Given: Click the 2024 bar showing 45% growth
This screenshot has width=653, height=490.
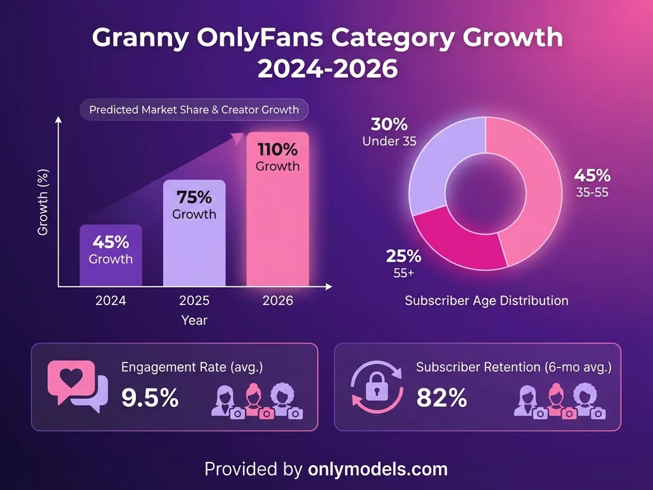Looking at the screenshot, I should pyautogui.click(x=111, y=255).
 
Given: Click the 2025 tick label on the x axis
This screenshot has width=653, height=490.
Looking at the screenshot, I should pyautogui.click(x=194, y=301).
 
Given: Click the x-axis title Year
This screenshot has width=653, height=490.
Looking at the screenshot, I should pyautogui.click(x=194, y=320).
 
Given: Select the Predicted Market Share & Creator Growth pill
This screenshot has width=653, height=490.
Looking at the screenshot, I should pyautogui.click(x=194, y=110).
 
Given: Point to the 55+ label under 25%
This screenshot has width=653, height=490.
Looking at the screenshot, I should pyautogui.click(x=403, y=273).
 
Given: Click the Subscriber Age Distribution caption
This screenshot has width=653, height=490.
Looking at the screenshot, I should pyautogui.click(x=487, y=300).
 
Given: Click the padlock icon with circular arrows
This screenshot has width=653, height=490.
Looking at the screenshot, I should pyautogui.click(x=376, y=387).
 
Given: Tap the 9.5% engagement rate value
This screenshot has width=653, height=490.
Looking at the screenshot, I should pyautogui.click(x=150, y=398).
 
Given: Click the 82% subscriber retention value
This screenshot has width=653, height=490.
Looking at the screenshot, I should pyautogui.click(x=441, y=398).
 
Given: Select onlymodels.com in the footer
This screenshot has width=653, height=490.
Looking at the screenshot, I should pyautogui.click(x=378, y=470).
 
